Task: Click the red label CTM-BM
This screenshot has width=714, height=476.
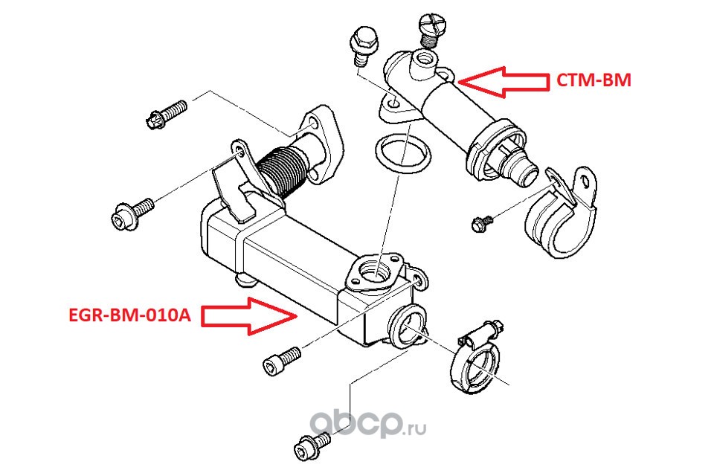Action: [594, 80]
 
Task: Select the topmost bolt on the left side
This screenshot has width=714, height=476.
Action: [165, 115]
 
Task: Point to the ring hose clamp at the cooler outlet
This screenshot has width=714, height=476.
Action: [474, 364]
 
